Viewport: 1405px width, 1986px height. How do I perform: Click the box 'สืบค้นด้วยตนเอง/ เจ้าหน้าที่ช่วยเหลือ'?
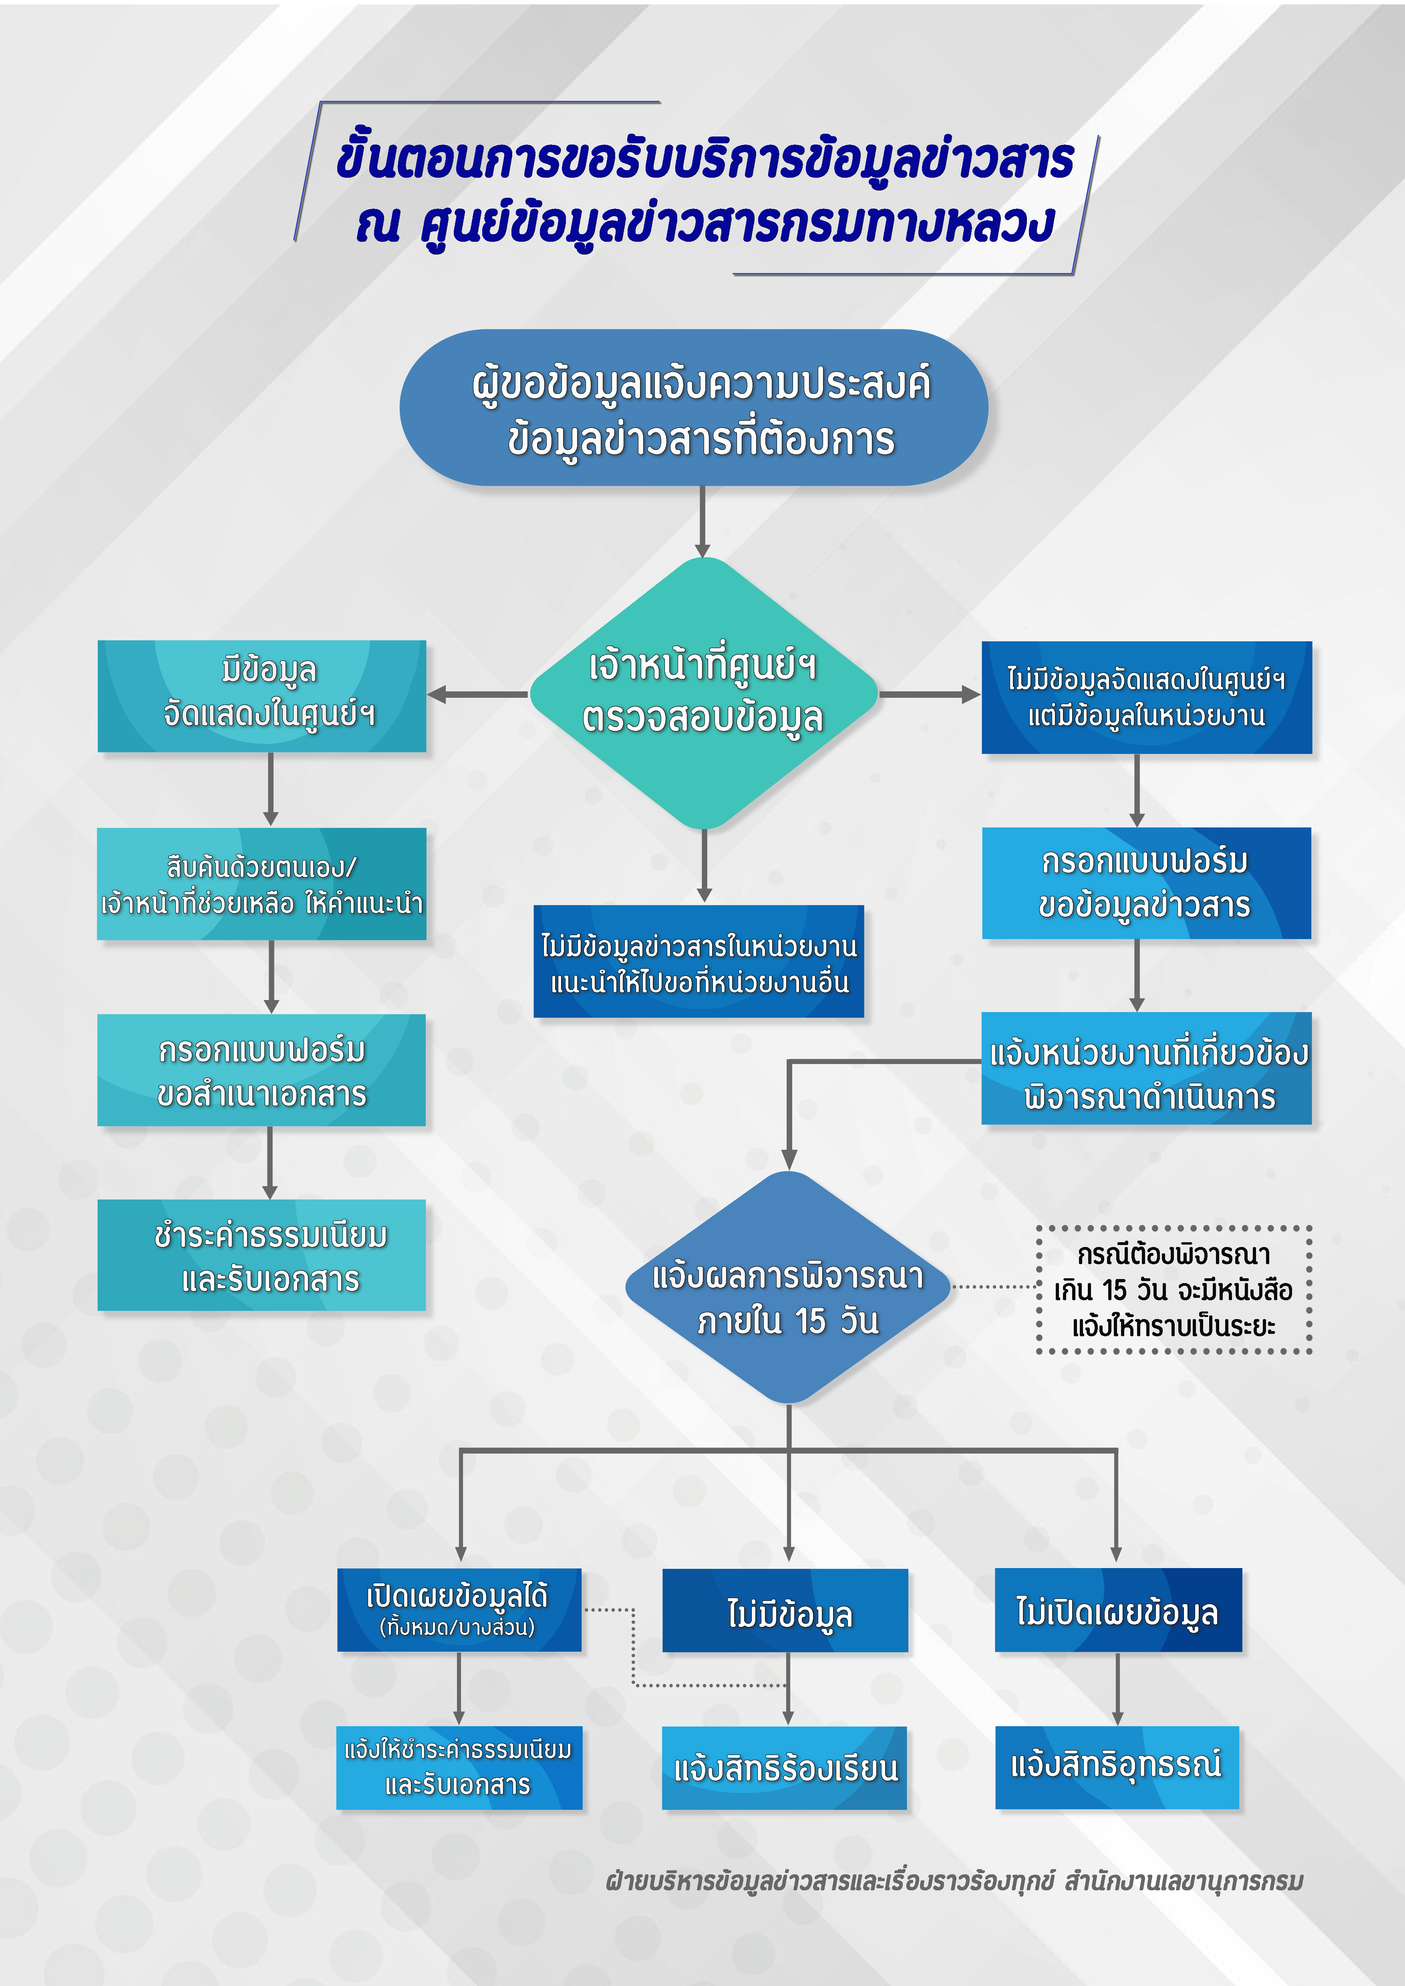point(262,884)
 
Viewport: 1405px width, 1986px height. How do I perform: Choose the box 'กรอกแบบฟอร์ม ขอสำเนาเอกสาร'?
point(262,1070)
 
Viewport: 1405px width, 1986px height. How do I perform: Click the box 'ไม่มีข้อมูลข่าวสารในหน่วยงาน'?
point(699,962)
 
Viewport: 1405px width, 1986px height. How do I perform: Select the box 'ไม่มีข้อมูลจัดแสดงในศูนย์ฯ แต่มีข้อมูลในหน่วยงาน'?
point(1146,697)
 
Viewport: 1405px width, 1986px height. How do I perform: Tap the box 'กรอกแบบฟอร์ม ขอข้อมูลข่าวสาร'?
point(1146,883)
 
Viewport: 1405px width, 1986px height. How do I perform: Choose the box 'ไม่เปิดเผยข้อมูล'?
point(1118,1610)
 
